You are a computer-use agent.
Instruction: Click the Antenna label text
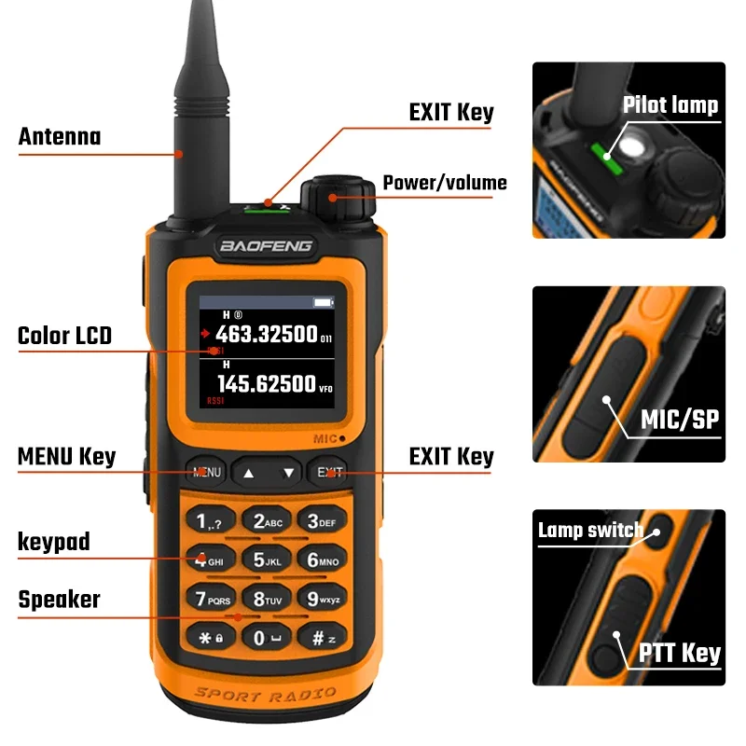[x=60, y=137]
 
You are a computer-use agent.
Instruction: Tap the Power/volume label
[x=445, y=182]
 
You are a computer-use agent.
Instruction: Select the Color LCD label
[x=64, y=336]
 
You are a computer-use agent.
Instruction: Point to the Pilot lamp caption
[x=670, y=104]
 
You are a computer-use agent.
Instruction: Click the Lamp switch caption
[x=590, y=531]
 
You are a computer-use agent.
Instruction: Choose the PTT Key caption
[x=680, y=653]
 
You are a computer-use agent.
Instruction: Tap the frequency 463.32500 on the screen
[x=267, y=335]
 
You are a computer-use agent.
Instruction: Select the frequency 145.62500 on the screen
[x=267, y=382]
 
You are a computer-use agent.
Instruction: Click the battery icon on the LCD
[x=323, y=303]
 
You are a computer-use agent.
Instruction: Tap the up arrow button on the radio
[x=248, y=473]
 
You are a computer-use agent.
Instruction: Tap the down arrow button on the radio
[x=289, y=473]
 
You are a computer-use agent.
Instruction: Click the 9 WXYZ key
[x=324, y=599]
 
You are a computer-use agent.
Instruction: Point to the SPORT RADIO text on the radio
[x=266, y=695]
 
